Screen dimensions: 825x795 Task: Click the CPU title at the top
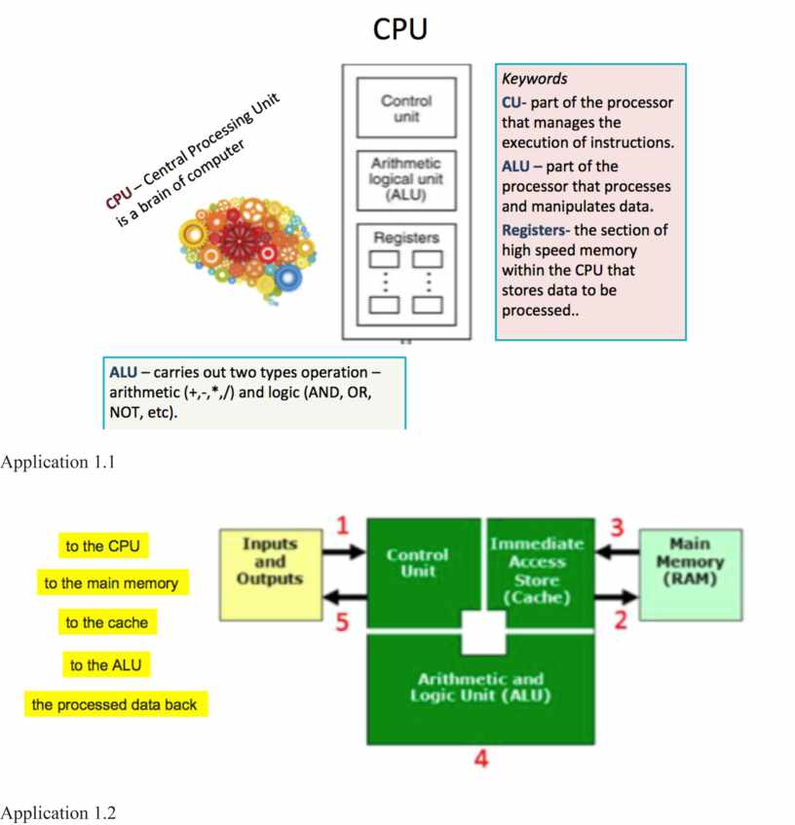[399, 30]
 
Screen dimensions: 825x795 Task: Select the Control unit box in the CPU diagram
[406, 108]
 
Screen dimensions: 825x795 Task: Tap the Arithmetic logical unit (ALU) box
[406, 181]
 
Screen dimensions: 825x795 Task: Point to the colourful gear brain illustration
[246, 244]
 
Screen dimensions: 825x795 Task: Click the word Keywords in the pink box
[534, 79]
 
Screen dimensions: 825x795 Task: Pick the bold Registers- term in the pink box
[537, 230]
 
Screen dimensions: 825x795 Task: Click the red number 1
[342, 527]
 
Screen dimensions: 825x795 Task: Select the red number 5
[342, 622]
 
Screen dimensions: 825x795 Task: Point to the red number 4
[480, 759]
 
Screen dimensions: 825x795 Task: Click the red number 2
[620, 619]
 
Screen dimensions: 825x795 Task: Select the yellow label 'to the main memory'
[111, 583]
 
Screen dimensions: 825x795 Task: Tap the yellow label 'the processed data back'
[114, 704]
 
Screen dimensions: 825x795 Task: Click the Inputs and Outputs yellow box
[269, 575]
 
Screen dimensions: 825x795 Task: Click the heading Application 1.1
[57, 463]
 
